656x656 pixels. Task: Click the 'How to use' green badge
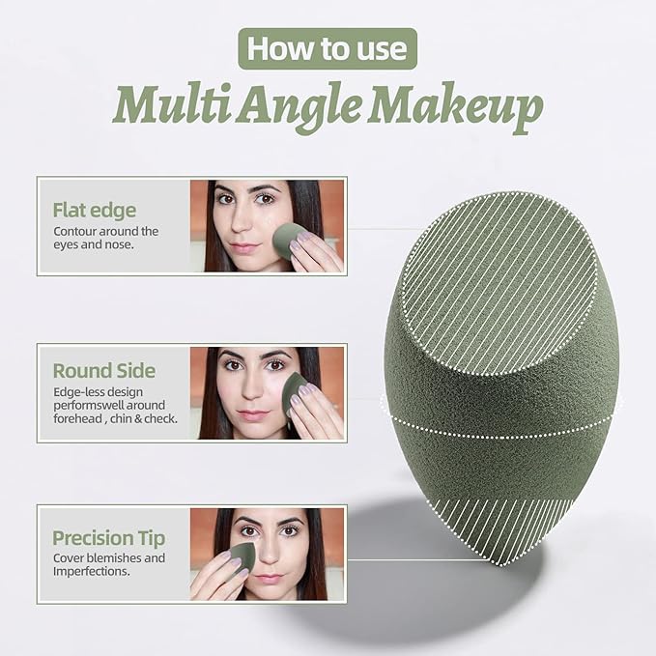(x=328, y=48)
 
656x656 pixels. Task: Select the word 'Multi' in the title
(x=172, y=103)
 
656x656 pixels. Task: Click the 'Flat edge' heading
(x=95, y=210)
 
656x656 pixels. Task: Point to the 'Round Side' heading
(x=104, y=371)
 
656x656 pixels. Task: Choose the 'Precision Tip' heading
(x=109, y=538)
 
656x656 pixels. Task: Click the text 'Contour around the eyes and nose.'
(x=106, y=238)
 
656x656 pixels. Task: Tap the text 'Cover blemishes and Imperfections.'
(x=109, y=564)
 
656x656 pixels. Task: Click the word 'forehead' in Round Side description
(x=77, y=418)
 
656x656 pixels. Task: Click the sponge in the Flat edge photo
(x=289, y=241)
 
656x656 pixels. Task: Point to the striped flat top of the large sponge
(x=499, y=283)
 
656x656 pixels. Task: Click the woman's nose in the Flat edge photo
(x=242, y=221)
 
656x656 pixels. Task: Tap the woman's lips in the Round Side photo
(x=253, y=415)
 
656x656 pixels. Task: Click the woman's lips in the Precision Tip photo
(x=269, y=580)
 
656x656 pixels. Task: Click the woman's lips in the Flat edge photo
(x=244, y=247)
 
